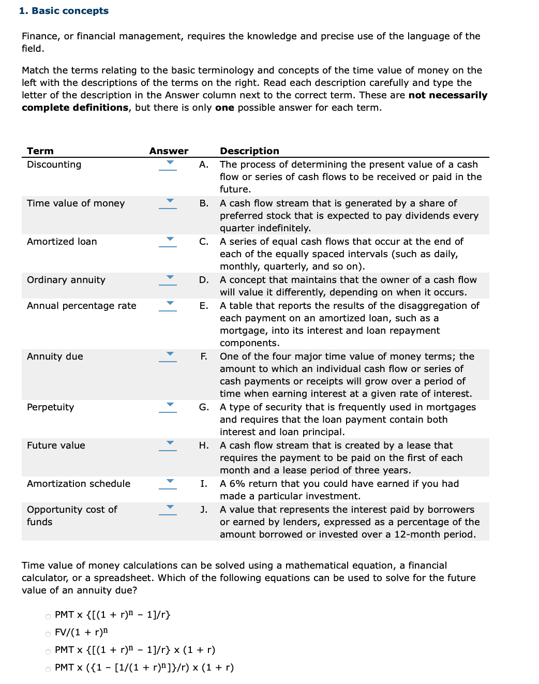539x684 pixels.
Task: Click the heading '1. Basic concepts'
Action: click(x=64, y=11)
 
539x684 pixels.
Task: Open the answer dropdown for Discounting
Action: click(x=168, y=164)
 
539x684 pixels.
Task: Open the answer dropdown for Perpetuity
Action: click(x=168, y=407)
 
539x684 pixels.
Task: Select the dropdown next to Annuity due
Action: click(x=168, y=356)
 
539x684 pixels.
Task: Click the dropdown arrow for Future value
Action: click(x=168, y=445)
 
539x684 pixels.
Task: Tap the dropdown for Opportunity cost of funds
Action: click(x=168, y=509)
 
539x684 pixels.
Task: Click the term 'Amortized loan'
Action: click(x=62, y=242)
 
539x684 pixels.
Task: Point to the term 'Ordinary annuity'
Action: click(x=66, y=280)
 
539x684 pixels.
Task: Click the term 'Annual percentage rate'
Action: click(x=81, y=306)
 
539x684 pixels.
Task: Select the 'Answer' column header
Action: click(x=169, y=151)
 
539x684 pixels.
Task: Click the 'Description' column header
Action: click(x=249, y=151)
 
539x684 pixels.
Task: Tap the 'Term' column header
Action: click(x=40, y=151)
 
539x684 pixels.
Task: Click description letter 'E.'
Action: click(x=204, y=306)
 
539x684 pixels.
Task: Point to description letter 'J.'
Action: click(x=204, y=510)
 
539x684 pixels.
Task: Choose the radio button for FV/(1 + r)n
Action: click(x=48, y=634)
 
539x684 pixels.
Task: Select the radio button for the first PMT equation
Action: click(x=48, y=616)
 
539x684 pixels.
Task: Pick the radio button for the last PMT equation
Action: click(x=48, y=669)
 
